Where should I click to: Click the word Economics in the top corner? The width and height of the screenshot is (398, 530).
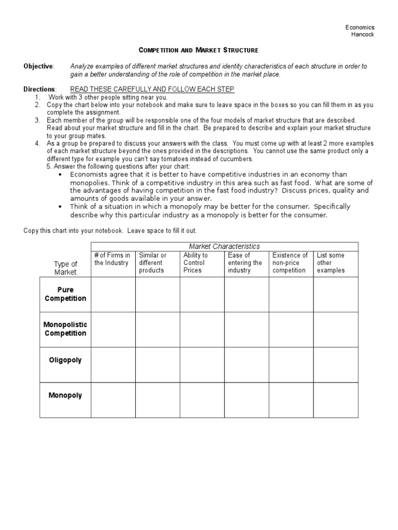(x=360, y=27)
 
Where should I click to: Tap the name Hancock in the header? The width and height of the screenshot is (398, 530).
(x=363, y=35)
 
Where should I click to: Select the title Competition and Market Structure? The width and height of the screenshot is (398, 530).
(x=198, y=50)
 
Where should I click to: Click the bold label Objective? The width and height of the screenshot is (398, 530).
(x=38, y=66)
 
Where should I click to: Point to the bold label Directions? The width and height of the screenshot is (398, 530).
(x=39, y=90)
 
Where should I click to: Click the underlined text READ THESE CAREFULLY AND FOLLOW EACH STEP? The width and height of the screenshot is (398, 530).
(x=152, y=90)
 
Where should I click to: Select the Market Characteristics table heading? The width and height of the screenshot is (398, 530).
(x=224, y=246)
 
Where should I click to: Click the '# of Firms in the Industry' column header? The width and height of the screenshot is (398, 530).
(x=112, y=259)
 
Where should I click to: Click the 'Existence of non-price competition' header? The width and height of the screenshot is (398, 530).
(x=290, y=263)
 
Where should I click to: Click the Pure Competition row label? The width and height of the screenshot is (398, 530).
(x=65, y=294)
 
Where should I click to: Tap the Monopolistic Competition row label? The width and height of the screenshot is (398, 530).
(x=65, y=329)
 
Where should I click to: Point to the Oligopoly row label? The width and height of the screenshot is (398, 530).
(x=65, y=360)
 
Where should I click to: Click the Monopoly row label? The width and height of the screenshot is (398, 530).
(x=65, y=395)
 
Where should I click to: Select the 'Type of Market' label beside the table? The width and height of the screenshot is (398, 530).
(x=65, y=268)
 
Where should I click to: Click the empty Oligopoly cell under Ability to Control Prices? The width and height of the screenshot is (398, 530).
(x=202, y=364)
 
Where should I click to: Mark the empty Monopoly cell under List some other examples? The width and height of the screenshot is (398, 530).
(x=335, y=400)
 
